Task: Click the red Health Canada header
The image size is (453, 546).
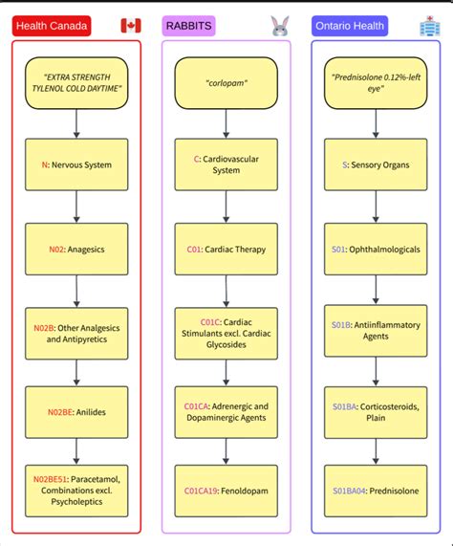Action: coord(53,26)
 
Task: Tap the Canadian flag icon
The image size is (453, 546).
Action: coord(131,26)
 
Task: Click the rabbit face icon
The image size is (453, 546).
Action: coord(279,26)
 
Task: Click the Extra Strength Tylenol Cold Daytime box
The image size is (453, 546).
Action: coord(76,83)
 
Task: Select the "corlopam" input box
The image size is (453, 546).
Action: coord(226,83)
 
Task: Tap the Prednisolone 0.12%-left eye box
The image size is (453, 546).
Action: coord(376,83)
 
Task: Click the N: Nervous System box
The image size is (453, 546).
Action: coord(76,164)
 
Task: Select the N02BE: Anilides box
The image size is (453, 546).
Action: coord(76,410)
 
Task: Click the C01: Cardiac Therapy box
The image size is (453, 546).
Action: coord(226,249)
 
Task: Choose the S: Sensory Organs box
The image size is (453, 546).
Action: coord(376,164)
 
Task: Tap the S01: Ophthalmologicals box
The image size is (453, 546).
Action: coord(376,249)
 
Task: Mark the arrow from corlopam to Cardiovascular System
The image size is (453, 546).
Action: coord(226,123)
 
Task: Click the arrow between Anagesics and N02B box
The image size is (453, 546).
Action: coord(76,289)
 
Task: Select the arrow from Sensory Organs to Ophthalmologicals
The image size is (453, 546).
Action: coord(376,207)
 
